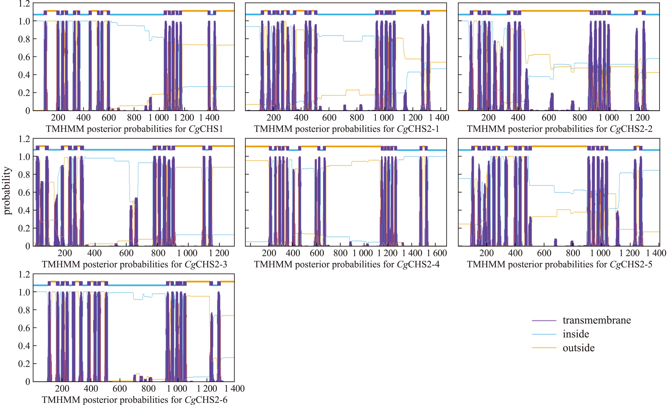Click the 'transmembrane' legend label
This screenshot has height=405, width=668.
(x=596, y=320)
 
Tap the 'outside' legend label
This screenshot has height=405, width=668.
(x=579, y=348)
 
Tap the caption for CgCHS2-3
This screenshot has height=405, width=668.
(x=134, y=264)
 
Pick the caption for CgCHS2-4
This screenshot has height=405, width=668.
(x=346, y=264)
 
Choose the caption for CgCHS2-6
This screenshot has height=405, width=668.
(x=134, y=400)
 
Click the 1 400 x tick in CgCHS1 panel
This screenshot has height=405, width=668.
(x=209, y=118)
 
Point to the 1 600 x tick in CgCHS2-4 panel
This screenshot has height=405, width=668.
(x=437, y=253)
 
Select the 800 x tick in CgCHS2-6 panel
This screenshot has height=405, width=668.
(x=148, y=389)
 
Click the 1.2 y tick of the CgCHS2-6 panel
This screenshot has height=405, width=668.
(x=24, y=275)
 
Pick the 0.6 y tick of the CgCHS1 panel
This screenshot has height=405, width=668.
(x=24, y=57)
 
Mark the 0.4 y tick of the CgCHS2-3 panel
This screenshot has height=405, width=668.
(x=24, y=210)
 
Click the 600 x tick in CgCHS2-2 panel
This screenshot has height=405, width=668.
(x=549, y=118)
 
